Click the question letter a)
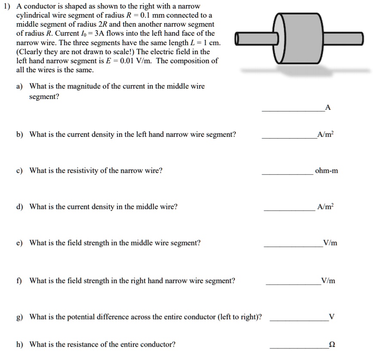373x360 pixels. coord(20,86)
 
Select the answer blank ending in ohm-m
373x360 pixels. coord(287,174)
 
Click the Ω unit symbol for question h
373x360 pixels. coord(332,345)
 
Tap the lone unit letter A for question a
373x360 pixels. coord(328,108)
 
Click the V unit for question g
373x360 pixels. coord(331,317)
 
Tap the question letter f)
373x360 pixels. coord(19,281)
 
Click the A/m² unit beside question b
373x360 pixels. coord(324,135)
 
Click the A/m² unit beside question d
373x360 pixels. coord(324,207)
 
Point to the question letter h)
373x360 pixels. coord(20,345)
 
